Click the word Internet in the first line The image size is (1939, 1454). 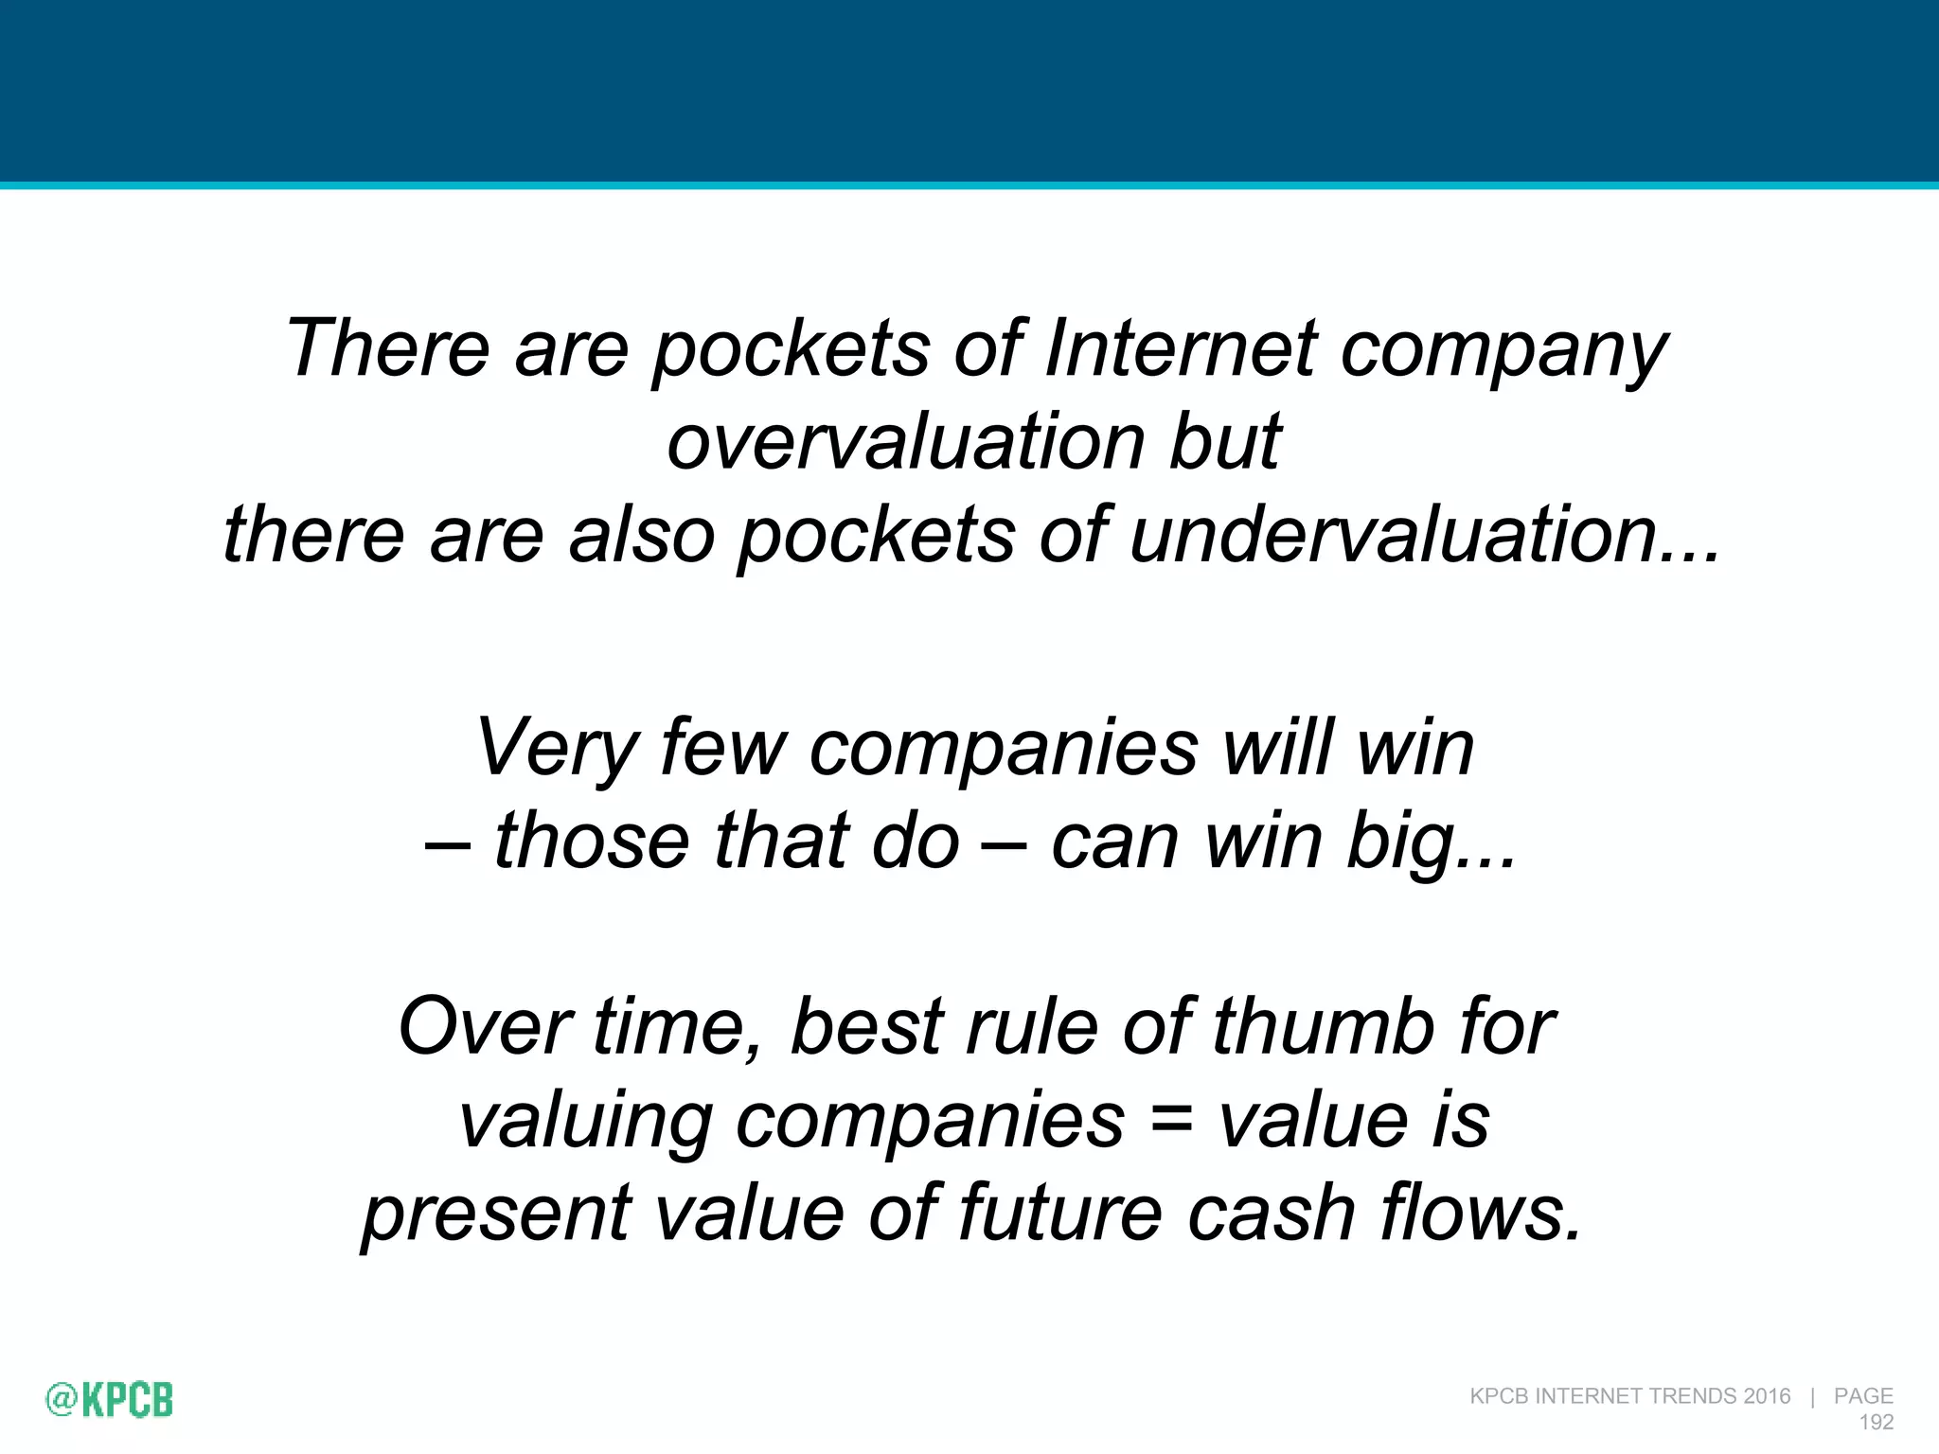[x=1180, y=348]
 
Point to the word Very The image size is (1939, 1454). [x=554, y=748]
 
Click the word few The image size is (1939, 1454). [x=723, y=748]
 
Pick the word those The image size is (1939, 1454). [x=592, y=841]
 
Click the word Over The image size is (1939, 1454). [x=480, y=1027]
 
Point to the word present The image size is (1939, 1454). [x=496, y=1215]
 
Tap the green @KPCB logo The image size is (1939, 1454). [x=110, y=1399]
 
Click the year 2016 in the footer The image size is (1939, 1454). [x=1767, y=1396]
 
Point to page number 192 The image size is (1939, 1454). [x=1877, y=1422]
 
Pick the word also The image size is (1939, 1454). [x=641, y=535]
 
